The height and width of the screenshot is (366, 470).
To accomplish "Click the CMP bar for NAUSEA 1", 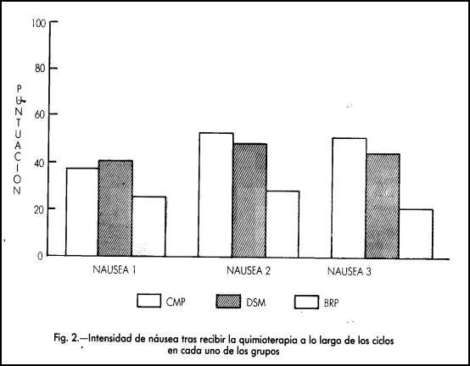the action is click(x=82, y=212).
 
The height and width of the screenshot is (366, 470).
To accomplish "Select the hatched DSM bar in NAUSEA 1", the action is click(x=115, y=208).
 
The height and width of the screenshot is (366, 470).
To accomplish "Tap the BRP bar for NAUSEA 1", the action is click(x=149, y=226).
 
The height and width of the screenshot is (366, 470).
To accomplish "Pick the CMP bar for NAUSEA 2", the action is click(x=215, y=195).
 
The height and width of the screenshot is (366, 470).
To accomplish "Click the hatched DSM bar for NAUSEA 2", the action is click(x=249, y=200).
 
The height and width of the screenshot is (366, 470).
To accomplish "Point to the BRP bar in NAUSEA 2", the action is click(x=283, y=225).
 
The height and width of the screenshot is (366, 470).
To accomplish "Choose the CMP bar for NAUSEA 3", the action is click(x=349, y=198).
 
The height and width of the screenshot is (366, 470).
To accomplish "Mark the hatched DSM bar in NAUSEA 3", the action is click(x=383, y=206).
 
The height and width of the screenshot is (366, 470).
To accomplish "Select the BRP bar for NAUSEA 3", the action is click(x=416, y=234).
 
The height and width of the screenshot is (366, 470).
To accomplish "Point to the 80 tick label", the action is click(x=40, y=69).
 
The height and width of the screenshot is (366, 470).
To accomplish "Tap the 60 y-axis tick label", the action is click(x=40, y=114).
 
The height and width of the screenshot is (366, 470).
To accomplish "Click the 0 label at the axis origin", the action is click(x=40, y=257).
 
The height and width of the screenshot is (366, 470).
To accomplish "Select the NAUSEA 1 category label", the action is click(x=115, y=270).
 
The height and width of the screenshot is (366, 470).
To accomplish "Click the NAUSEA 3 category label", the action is click(x=350, y=271).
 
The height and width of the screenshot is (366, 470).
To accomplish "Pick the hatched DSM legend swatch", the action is click(x=228, y=302).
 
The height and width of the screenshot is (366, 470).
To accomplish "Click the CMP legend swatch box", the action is click(x=149, y=301).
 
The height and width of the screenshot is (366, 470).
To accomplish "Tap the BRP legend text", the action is click(x=331, y=303).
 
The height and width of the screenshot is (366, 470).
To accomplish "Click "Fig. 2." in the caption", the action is click(x=67, y=339).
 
